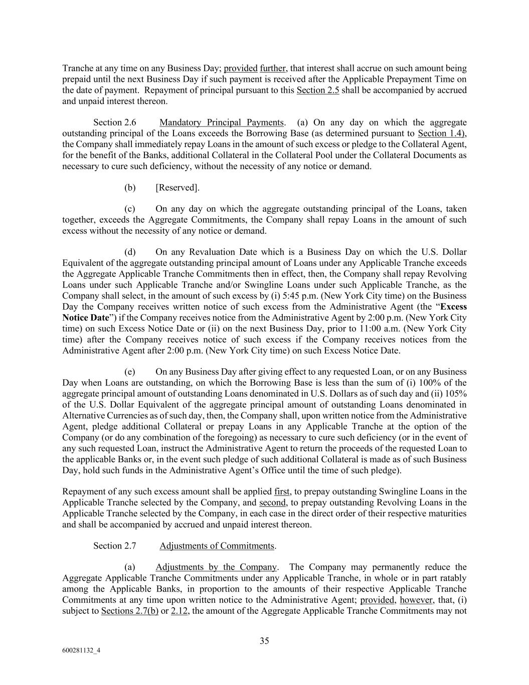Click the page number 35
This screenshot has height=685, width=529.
pos(264,640)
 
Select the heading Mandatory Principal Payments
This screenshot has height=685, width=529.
pos(222,122)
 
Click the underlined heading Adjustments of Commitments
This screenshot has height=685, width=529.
pos(217,545)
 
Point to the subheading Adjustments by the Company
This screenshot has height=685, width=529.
pos(216,567)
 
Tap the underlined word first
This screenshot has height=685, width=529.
pos(282,491)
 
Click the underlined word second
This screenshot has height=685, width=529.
pos(273,502)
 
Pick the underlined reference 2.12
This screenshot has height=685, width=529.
pos(179,611)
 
